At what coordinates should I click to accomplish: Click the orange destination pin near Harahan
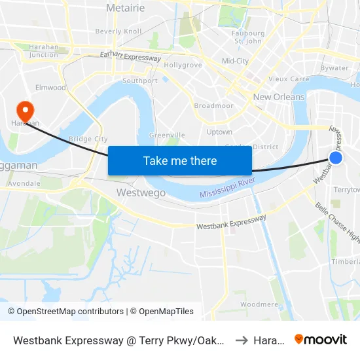click(25, 109)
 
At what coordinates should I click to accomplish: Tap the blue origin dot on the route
click(335, 158)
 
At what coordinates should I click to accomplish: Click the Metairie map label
click(125, 8)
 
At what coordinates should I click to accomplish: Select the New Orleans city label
click(279, 97)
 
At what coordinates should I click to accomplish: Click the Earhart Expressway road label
click(130, 57)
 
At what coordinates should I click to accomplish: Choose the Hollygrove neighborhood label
click(183, 65)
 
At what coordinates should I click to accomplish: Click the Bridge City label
click(88, 139)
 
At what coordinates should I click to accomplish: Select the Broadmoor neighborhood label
click(213, 105)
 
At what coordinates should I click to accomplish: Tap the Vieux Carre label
click(288, 79)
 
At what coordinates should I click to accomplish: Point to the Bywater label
click(334, 68)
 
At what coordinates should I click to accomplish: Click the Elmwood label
click(50, 88)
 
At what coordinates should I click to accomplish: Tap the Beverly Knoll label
click(118, 31)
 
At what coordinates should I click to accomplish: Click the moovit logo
click(321, 340)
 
